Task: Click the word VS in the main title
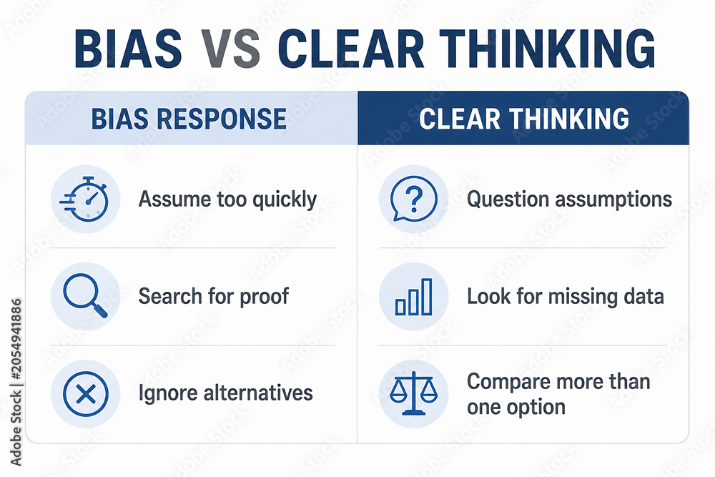click(230, 49)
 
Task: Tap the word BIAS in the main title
click(129, 49)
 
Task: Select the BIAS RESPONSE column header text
click(189, 119)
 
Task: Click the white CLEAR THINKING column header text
click(524, 119)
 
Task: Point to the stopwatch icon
click(85, 200)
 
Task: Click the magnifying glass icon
click(85, 296)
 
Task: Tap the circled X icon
click(86, 393)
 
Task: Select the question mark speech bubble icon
click(413, 199)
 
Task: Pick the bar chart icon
click(413, 296)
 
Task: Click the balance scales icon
click(413, 393)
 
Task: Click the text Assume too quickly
click(227, 200)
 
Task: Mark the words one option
click(516, 407)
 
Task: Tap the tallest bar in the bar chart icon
click(427, 296)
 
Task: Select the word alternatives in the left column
click(258, 393)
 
